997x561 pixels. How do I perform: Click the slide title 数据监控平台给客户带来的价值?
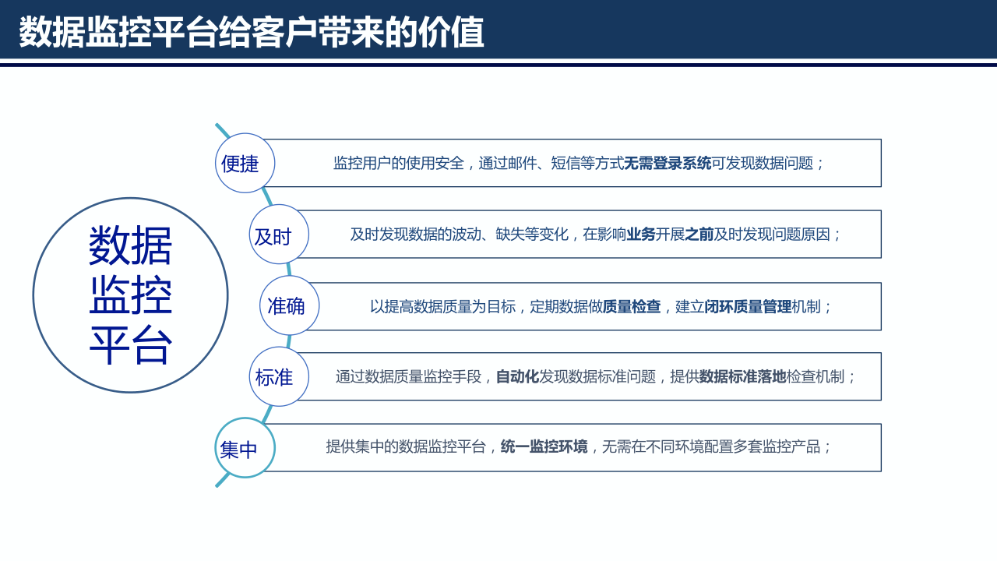(251, 33)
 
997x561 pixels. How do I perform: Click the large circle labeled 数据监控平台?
(130, 295)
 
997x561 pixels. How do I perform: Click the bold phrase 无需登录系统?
(668, 164)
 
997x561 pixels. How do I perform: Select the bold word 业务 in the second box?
(641, 235)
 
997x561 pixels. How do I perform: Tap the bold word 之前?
(699, 235)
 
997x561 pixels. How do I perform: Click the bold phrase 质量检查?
(632, 307)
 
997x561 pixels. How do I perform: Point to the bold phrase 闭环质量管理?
(748, 307)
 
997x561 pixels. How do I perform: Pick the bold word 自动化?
(517, 377)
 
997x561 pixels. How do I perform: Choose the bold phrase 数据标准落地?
(742, 377)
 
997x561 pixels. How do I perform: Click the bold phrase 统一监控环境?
(544, 447)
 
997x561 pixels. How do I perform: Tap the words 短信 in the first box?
(565, 164)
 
